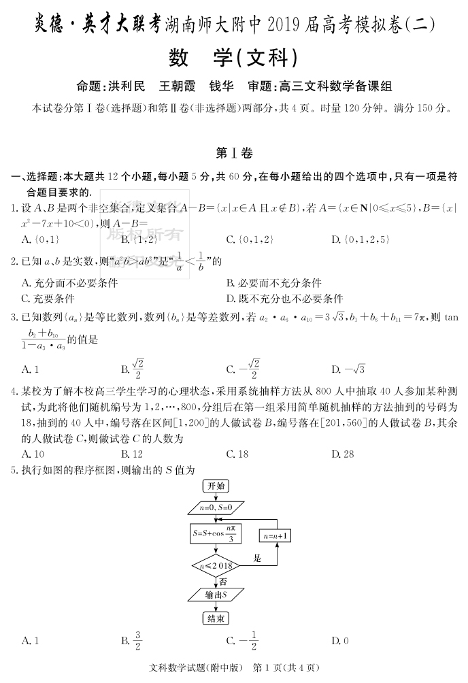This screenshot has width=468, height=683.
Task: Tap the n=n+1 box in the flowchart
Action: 275,536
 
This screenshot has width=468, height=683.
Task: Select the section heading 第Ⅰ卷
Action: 233,154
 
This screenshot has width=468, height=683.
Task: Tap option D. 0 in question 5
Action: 339,640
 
